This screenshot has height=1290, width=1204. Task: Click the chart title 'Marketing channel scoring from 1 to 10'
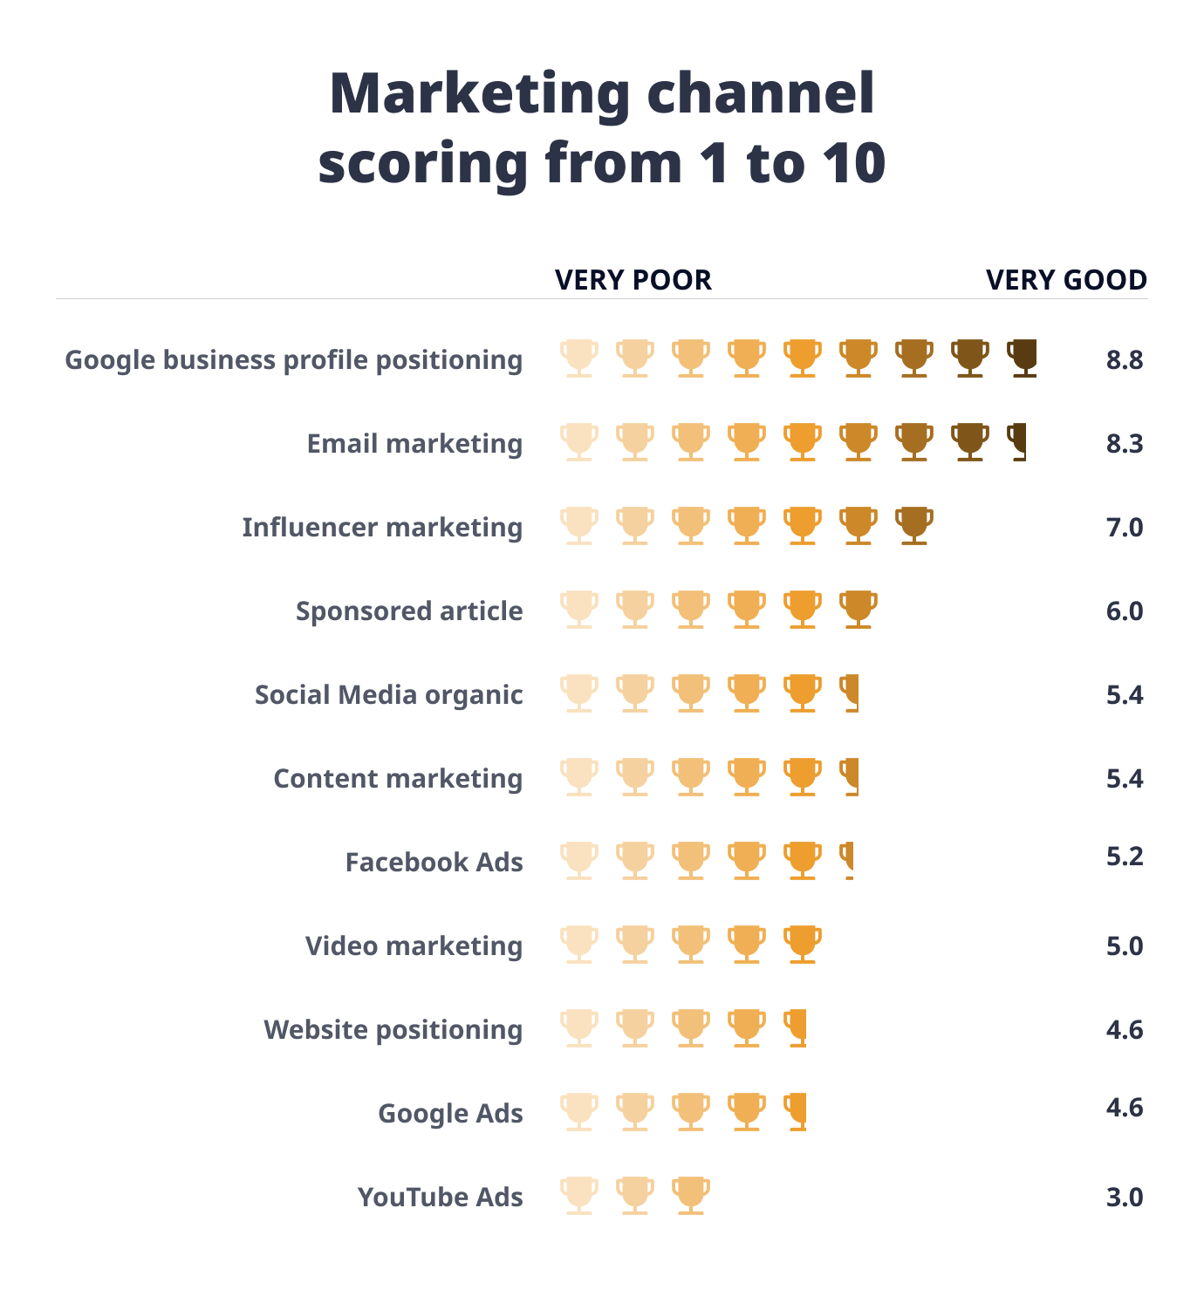[602, 127]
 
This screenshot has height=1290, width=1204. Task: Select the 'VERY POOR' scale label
[633, 280]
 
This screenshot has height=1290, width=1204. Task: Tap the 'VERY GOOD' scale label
[1066, 280]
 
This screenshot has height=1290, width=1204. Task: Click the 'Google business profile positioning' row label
[294, 360]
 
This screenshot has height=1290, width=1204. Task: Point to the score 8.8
[1124, 360]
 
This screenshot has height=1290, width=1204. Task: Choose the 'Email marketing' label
[414, 444]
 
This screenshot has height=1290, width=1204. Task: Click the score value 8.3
[1124, 444]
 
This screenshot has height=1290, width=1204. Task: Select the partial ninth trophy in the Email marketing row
[1017, 441]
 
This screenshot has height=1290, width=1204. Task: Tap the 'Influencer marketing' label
[382, 528]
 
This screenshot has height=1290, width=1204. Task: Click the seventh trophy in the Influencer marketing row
[913, 525]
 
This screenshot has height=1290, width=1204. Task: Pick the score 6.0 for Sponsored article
[1124, 611]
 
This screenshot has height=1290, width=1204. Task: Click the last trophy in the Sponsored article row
[858, 609]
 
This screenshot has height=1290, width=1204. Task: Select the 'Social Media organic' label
[388, 695]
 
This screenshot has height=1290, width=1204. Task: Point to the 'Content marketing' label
[398, 779]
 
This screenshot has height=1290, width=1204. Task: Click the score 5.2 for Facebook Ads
[1124, 857]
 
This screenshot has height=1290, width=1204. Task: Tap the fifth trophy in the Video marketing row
[802, 944]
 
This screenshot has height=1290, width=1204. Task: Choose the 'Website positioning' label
[393, 1030]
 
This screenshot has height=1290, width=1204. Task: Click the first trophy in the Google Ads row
[579, 1111]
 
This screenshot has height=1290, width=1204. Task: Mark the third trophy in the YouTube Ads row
[690, 1195]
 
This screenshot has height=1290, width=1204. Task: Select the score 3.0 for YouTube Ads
[1124, 1198]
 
